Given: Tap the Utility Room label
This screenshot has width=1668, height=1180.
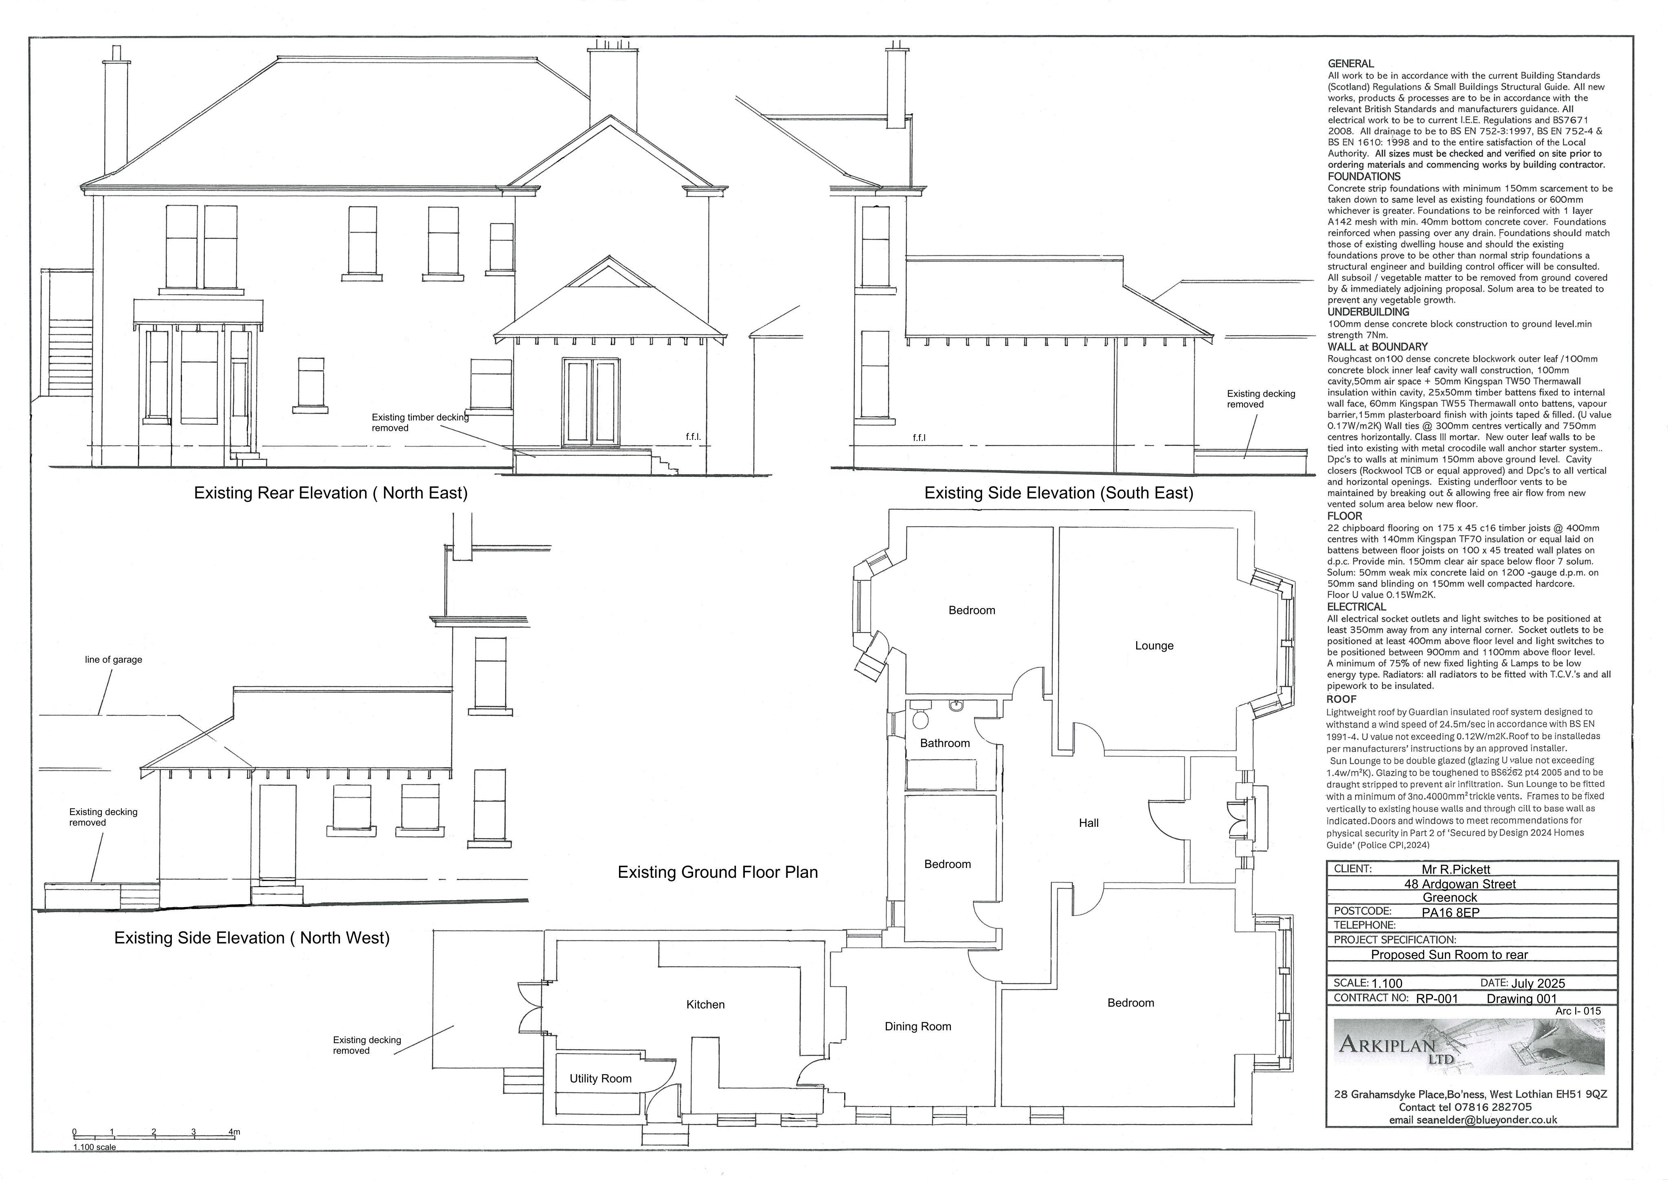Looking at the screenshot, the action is (600, 1078).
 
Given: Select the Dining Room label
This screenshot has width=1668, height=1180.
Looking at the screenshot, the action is (917, 1026).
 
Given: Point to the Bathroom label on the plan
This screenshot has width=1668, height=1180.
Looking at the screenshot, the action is (944, 743).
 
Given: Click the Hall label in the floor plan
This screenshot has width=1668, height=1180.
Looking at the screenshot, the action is (1088, 822).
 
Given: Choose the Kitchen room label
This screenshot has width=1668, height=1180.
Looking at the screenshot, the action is (705, 1004).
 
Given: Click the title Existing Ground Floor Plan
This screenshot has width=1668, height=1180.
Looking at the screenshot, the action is (718, 872).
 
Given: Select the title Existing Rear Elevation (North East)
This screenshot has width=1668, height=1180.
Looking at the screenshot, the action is (331, 492).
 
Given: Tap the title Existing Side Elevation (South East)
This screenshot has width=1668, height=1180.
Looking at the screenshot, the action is (1058, 492).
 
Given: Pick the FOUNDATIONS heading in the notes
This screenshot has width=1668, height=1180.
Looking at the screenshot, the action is (1364, 176).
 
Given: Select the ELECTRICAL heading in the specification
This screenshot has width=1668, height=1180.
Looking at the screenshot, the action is (1356, 607).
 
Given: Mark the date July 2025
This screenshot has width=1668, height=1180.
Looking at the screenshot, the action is (1538, 983).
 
